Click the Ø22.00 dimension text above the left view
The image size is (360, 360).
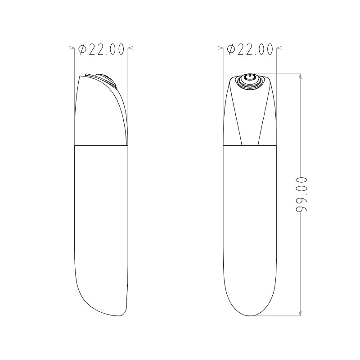pyautogui.click(x=101, y=49)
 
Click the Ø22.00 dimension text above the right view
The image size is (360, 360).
pyautogui.click(x=250, y=49)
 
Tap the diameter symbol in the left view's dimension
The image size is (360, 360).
pyautogui.click(x=82, y=49)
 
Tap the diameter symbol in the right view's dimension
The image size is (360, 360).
pyautogui.click(x=231, y=49)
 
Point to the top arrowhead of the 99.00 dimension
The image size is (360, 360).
pyautogui.click(x=300, y=76)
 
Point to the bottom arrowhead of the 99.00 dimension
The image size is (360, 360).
pyautogui.click(x=300, y=313)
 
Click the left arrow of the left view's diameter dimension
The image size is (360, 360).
pyautogui.click(x=70, y=48)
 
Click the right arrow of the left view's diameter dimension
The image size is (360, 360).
pyautogui.click(x=133, y=48)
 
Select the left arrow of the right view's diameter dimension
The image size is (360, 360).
pyautogui.click(x=218, y=48)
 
